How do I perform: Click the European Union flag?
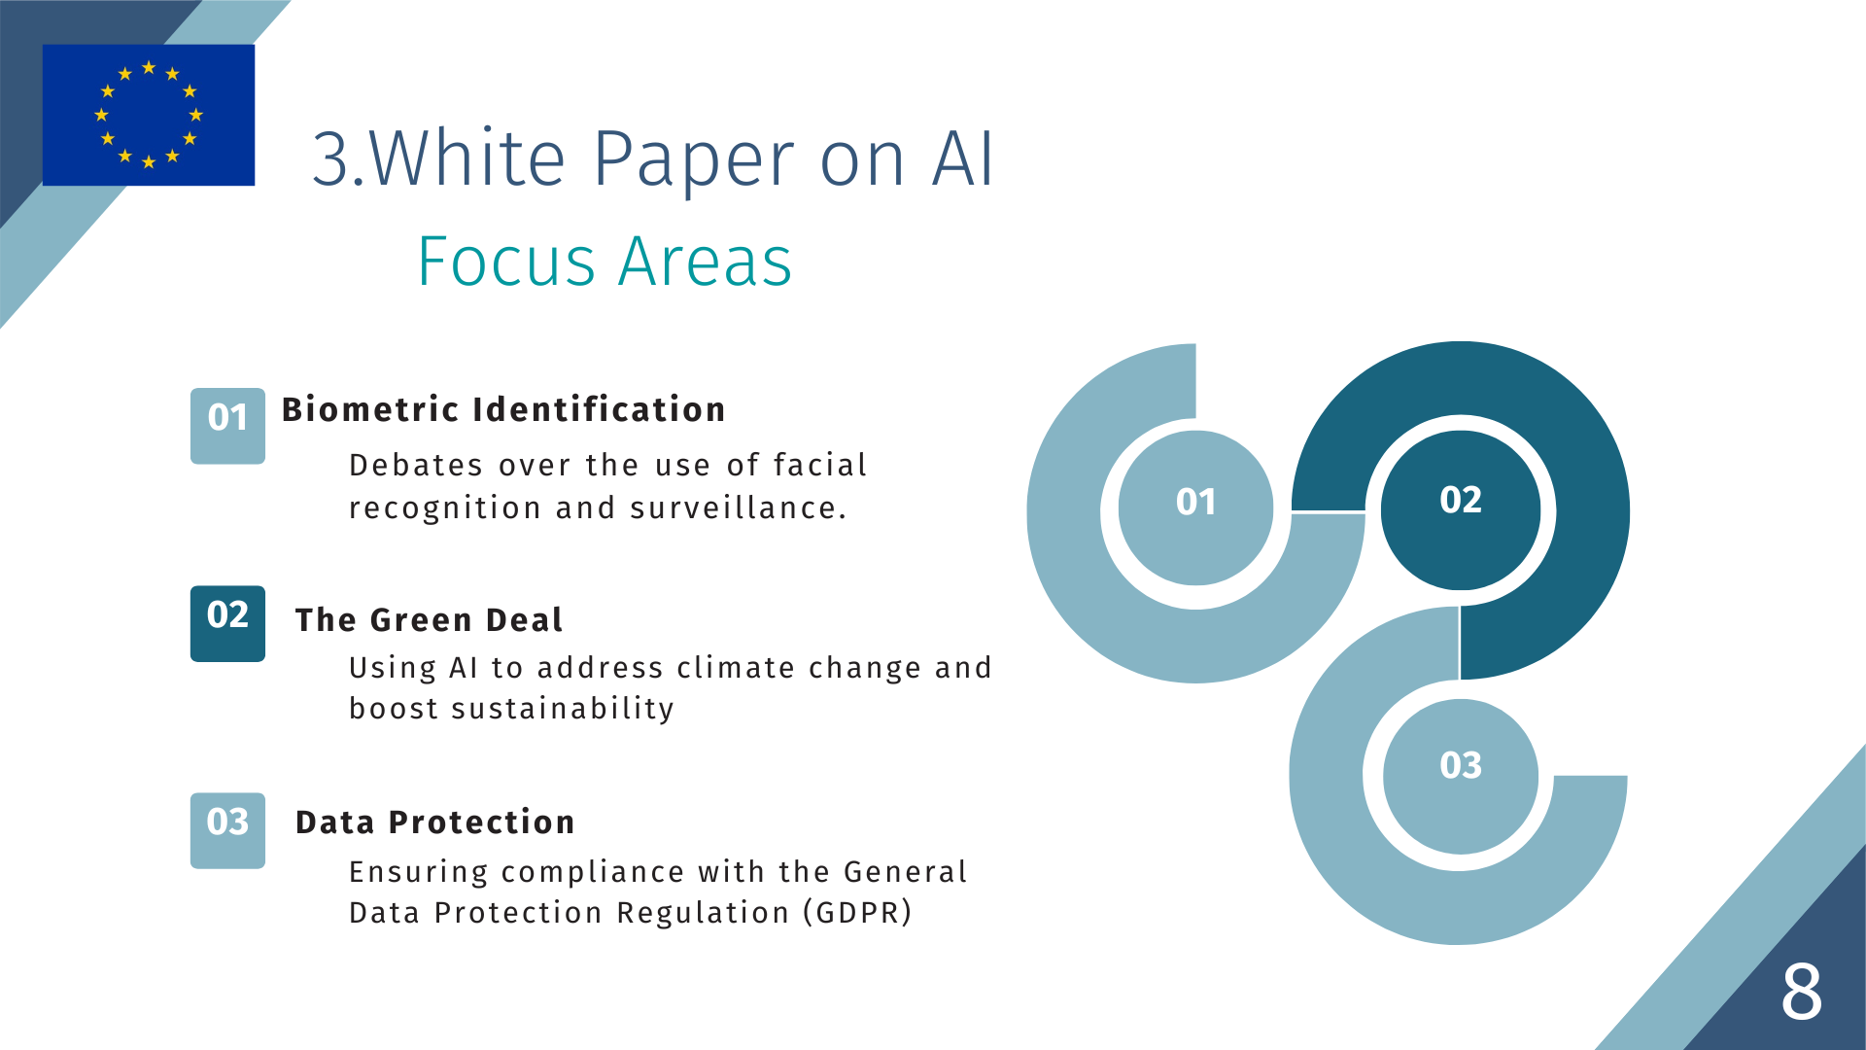click(x=149, y=115)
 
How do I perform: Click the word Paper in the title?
click(x=694, y=160)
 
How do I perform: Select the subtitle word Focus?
click(x=506, y=262)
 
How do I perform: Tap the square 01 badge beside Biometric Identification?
click(x=227, y=426)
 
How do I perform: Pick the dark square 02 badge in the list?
click(x=227, y=623)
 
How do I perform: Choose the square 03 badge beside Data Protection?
click(x=227, y=830)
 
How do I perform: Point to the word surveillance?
click(x=739, y=507)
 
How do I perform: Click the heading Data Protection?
click(x=435, y=822)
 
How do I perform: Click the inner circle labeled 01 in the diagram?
click(x=1195, y=507)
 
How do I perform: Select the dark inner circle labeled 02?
click(x=1461, y=509)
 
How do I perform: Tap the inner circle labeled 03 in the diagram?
click(x=1461, y=776)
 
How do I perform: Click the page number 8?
click(x=1802, y=992)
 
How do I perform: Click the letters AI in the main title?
click(x=963, y=158)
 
